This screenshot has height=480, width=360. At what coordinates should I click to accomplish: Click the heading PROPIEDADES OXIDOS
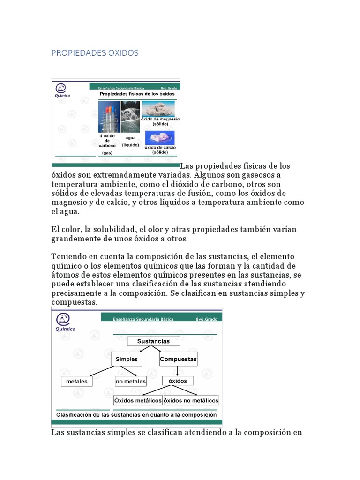pyautogui.click(x=95, y=53)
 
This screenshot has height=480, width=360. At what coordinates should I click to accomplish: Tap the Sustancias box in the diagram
pyautogui.click(x=153, y=341)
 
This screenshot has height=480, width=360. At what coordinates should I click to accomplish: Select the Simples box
pyautogui.click(x=127, y=359)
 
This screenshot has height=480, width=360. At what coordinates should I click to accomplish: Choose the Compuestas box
pyautogui.click(x=178, y=359)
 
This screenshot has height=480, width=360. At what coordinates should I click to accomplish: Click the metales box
pyautogui.click(x=76, y=381)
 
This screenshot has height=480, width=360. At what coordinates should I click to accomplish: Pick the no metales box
pyautogui.click(x=131, y=381)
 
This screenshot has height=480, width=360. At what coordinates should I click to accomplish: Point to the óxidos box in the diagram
pyautogui.click(x=178, y=381)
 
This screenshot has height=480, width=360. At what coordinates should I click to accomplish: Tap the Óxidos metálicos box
pyautogui.click(x=138, y=400)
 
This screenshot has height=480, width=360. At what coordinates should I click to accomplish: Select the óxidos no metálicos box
pyautogui.click(x=191, y=400)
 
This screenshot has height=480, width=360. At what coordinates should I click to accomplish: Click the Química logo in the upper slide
pyautogui.click(x=62, y=90)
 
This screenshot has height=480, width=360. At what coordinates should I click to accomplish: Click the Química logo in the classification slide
pyautogui.click(x=65, y=322)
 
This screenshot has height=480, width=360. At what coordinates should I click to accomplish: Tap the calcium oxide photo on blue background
pyautogui.click(x=160, y=137)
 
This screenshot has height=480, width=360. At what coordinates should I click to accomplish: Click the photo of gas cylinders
pyautogui.click(x=109, y=117)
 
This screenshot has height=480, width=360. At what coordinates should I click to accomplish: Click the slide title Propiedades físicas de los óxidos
pyautogui.click(x=137, y=94)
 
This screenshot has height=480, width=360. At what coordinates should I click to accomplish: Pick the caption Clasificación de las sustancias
pyautogui.click(x=136, y=414)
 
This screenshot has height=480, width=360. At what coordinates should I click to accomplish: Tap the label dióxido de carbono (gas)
pyautogui.click(x=107, y=144)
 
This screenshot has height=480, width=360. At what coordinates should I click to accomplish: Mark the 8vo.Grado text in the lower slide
pyautogui.click(x=207, y=319)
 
